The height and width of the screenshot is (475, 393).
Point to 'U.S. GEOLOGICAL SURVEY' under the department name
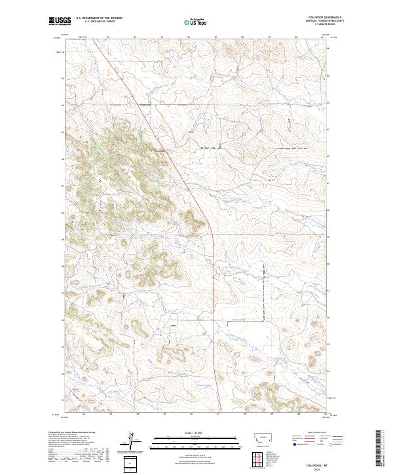(x=99, y=22)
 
